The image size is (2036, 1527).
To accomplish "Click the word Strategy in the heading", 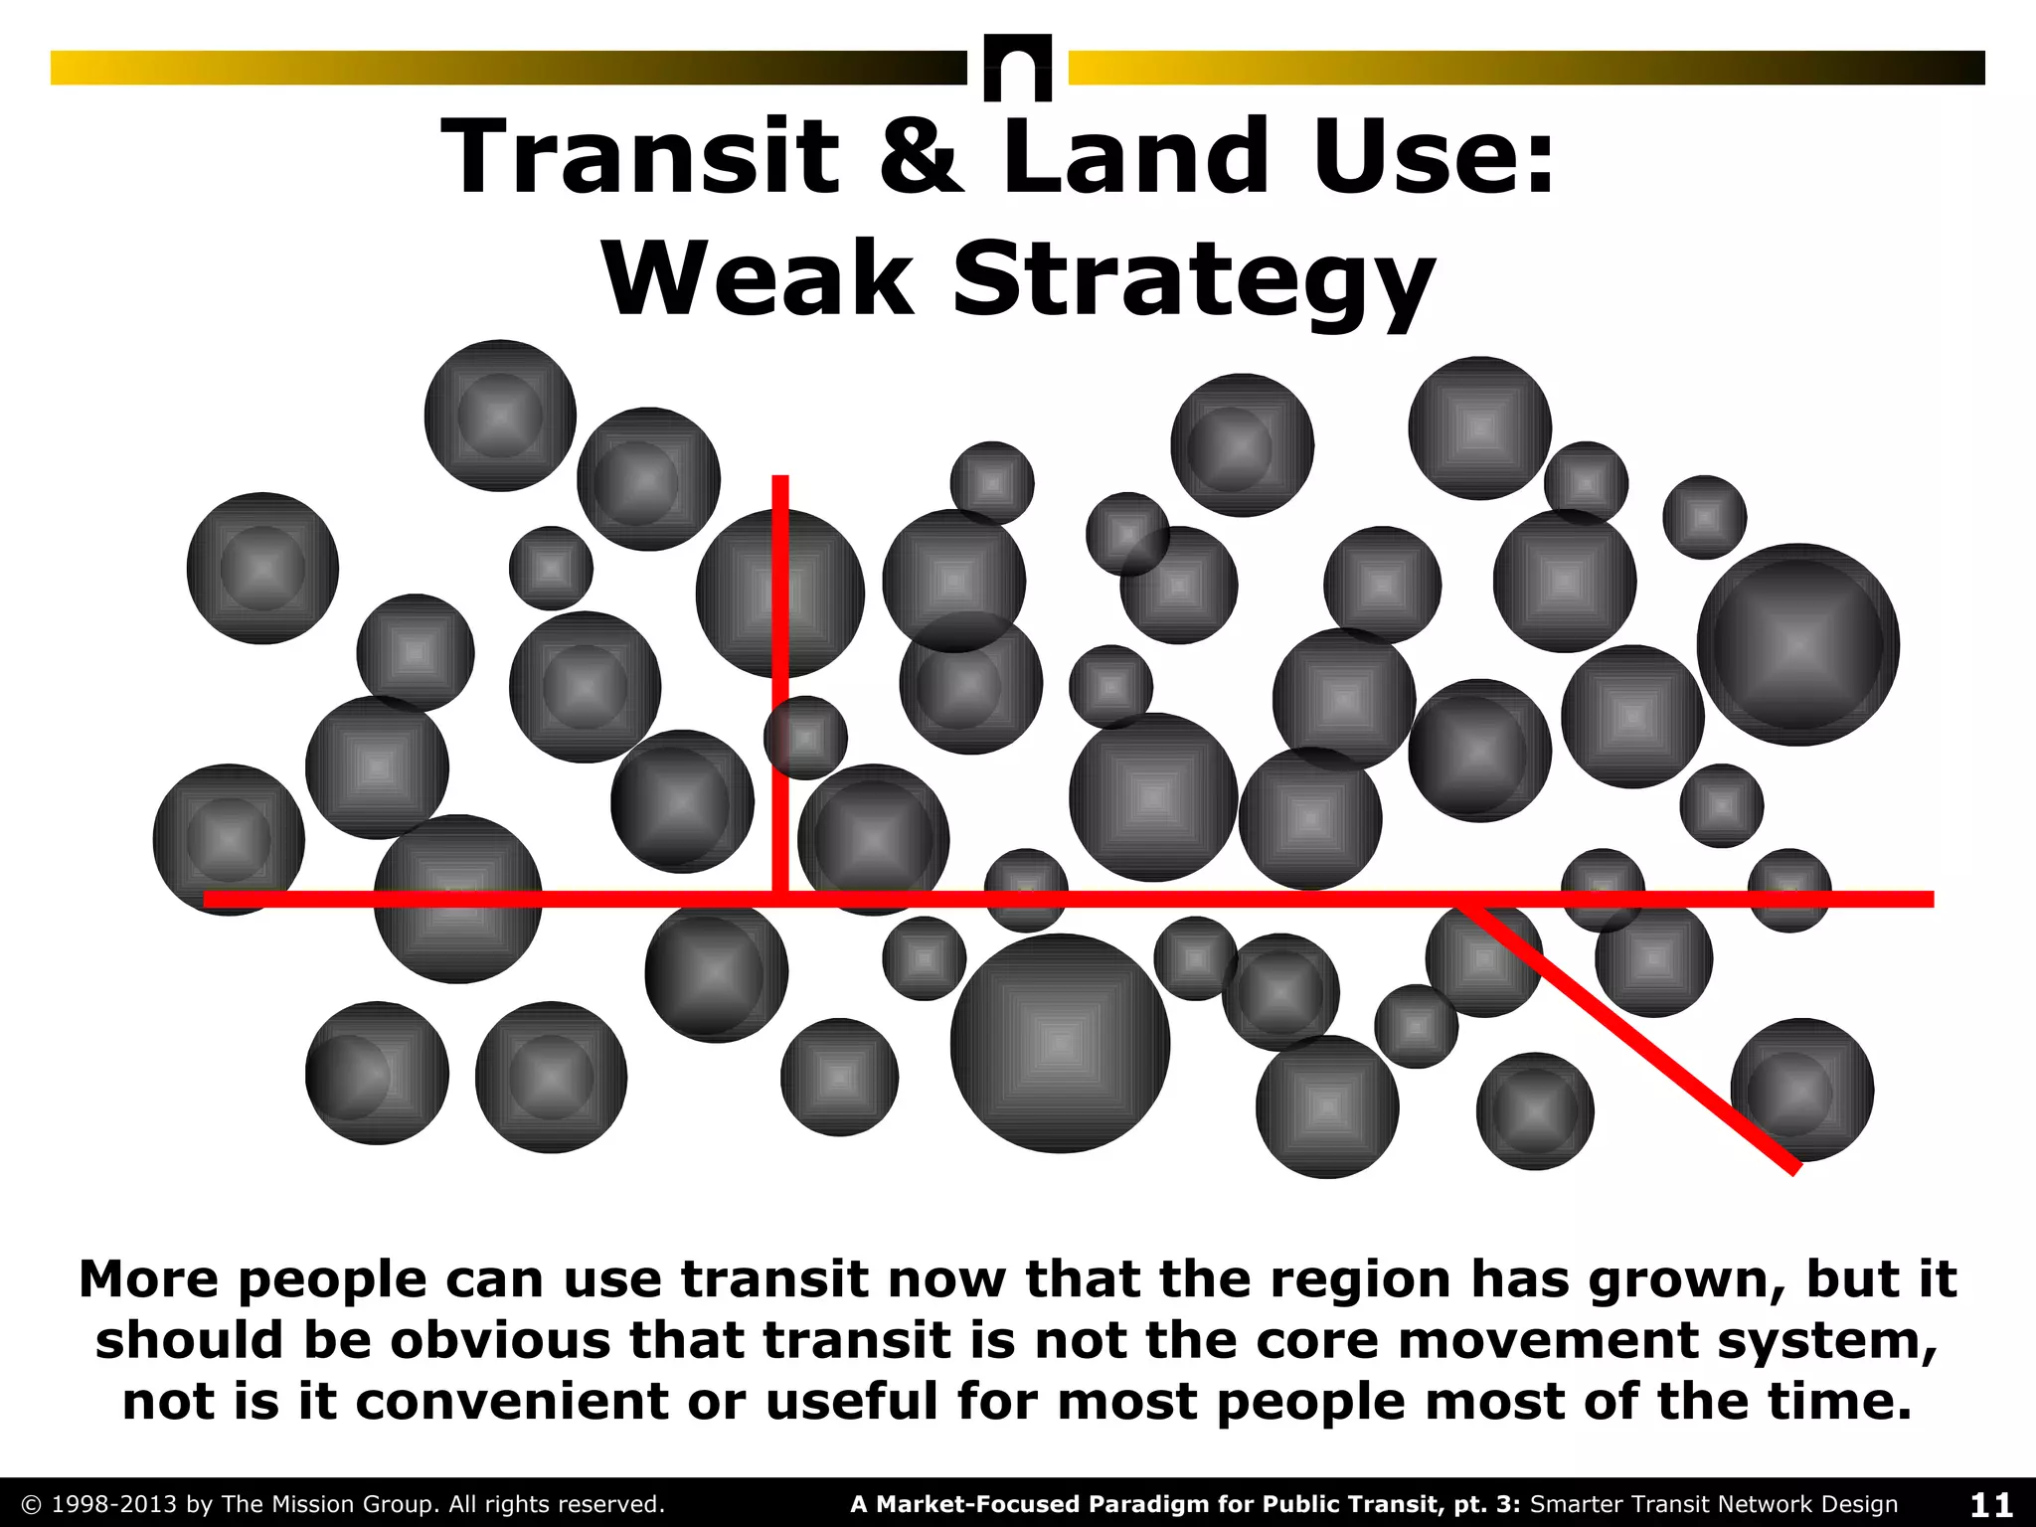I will [x=1193, y=282].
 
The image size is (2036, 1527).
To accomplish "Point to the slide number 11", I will [x=1990, y=1504].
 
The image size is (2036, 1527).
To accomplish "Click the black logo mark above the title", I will [x=1017, y=68].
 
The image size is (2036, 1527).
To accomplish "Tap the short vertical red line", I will [x=780, y=686].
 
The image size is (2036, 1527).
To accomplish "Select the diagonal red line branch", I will [x=1630, y=1034].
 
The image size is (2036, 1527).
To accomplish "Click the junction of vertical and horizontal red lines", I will [x=780, y=899].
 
